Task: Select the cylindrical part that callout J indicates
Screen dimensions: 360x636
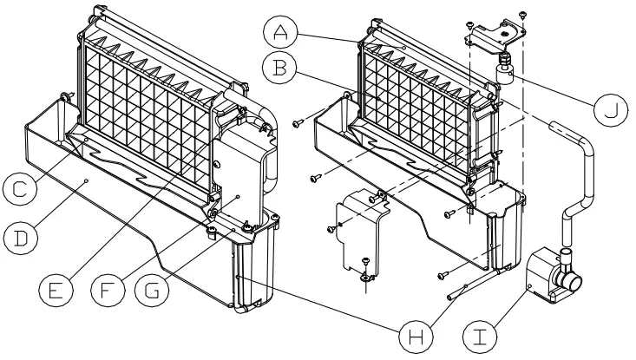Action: click(503, 70)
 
